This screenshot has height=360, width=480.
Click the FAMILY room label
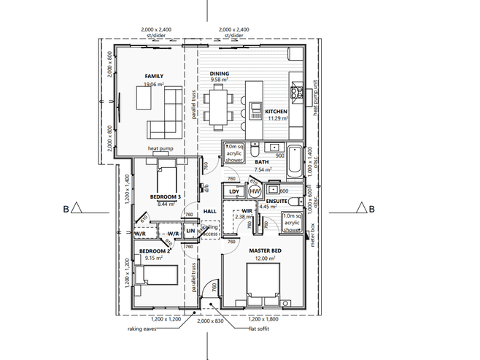pyautogui.click(x=153, y=76)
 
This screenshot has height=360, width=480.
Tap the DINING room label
pyautogui.click(x=220, y=74)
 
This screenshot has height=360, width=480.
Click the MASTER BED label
pyautogui.click(x=266, y=251)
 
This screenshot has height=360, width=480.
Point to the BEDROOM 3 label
pyautogui.click(x=164, y=197)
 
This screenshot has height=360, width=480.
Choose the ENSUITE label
pyautogui.click(x=276, y=199)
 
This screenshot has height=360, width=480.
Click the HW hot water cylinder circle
pyautogui.click(x=255, y=191)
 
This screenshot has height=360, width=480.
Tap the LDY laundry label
pyautogui.click(x=233, y=192)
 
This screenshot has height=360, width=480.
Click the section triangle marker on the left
pyautogui.click(x=77, y=210)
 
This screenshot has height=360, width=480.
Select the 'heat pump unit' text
pyautogui.click(x=317, y=99)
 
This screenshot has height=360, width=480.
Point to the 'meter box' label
pyautogui.click(x=311, y=235)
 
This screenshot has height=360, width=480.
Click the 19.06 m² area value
pyautogui.click(x=153, y=83)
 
